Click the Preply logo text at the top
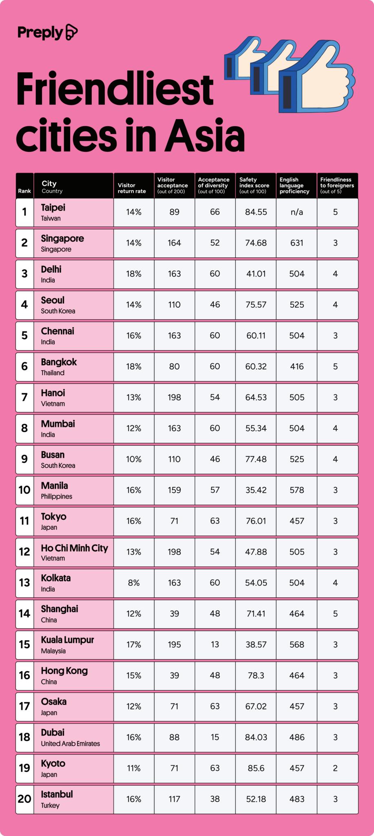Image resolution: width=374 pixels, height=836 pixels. click(x=40, y=33)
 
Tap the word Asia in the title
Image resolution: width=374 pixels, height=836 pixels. click(x=205, y=136)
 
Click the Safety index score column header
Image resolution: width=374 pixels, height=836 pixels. click(x=254, y=185)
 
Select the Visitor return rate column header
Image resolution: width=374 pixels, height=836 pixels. click(x=132, y=188)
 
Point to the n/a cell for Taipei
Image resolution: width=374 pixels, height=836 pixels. click(x=297, y=212)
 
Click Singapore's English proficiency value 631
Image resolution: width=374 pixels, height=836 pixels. click(x=297, y=243)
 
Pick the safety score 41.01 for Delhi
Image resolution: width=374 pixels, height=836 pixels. click(x=256, y=274)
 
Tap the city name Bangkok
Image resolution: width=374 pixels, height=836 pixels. click(x=59, y=362)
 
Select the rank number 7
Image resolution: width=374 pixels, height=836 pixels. click(x=24, y=397)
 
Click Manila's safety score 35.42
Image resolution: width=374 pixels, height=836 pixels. click(x=256, y=490)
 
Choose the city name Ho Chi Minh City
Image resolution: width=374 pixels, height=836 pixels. click(x=74, y=548)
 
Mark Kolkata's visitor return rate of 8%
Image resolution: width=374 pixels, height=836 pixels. click(x=133, y=583)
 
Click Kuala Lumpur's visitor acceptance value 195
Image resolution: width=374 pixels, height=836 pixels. click(x=174, y=645)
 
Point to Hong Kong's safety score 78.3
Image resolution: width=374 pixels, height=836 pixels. click(x=256, y=676)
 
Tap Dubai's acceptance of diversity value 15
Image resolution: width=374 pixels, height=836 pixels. click(x=215, y=737)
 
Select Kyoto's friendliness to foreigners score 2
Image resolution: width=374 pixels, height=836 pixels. click(x=335, y=768)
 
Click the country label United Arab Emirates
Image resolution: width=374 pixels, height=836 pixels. click(x=70, y=744)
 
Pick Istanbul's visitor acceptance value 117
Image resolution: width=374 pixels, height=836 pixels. click(x=174, y=799)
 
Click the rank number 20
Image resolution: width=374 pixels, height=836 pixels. click(x=24, y=799)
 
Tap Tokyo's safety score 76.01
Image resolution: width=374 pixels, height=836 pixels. click(x=256, y=521)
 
